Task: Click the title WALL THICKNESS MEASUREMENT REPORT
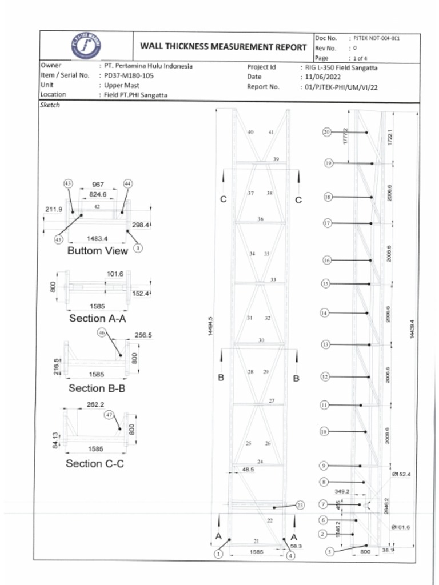224,47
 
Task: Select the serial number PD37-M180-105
129,75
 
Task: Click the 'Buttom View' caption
98,251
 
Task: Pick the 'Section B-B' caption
97,388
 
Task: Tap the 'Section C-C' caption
95,463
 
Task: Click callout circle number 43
68,183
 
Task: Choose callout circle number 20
327,132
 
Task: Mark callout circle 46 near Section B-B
102,332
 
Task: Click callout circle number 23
301,505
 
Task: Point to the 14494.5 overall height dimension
211,327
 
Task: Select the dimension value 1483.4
97,238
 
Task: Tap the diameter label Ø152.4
401,474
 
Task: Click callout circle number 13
326,344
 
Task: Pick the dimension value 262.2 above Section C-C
95,404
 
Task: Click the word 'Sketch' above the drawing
50,105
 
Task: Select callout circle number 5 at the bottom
329,552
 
